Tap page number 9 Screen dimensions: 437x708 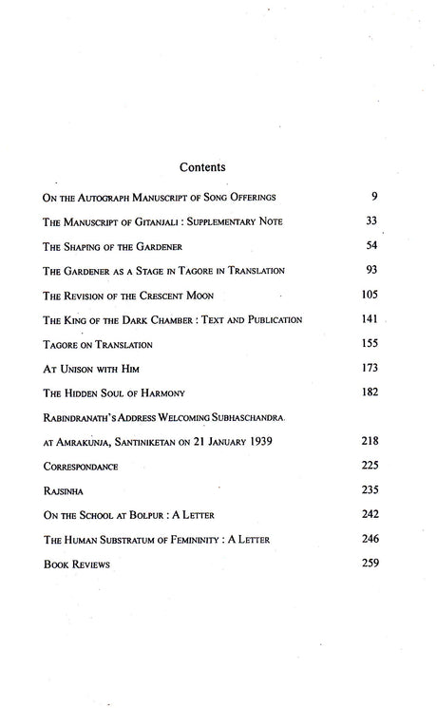tap(375, 196)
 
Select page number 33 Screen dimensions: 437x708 tap(372, 220)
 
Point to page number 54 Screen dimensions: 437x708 tap(372, 245)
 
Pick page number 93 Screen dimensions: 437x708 tap(372, 270)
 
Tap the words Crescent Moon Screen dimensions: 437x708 tap(189, 296)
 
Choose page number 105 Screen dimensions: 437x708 tap(370, 295)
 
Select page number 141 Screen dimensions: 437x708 tap(370, 319)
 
